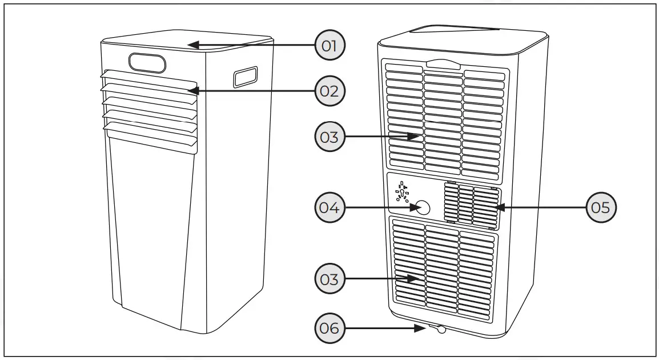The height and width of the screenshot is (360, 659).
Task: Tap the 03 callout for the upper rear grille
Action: pos(330,137)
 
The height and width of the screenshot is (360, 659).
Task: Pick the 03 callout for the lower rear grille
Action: pos(330,279)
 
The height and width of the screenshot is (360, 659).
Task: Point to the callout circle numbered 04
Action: pos(330,208)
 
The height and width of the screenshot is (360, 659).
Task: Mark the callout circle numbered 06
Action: pos(330,329)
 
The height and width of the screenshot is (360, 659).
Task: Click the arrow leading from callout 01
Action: pos(251,45)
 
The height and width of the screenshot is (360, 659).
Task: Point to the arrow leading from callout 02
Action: pos(251,90)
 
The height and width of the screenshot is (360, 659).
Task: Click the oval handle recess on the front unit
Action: pos(147,62)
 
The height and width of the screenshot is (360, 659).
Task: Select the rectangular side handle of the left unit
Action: pos(244,77)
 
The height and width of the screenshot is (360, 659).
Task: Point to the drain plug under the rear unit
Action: pos(441,330)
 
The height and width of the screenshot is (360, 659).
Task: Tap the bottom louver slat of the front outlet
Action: pos(150,138)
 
